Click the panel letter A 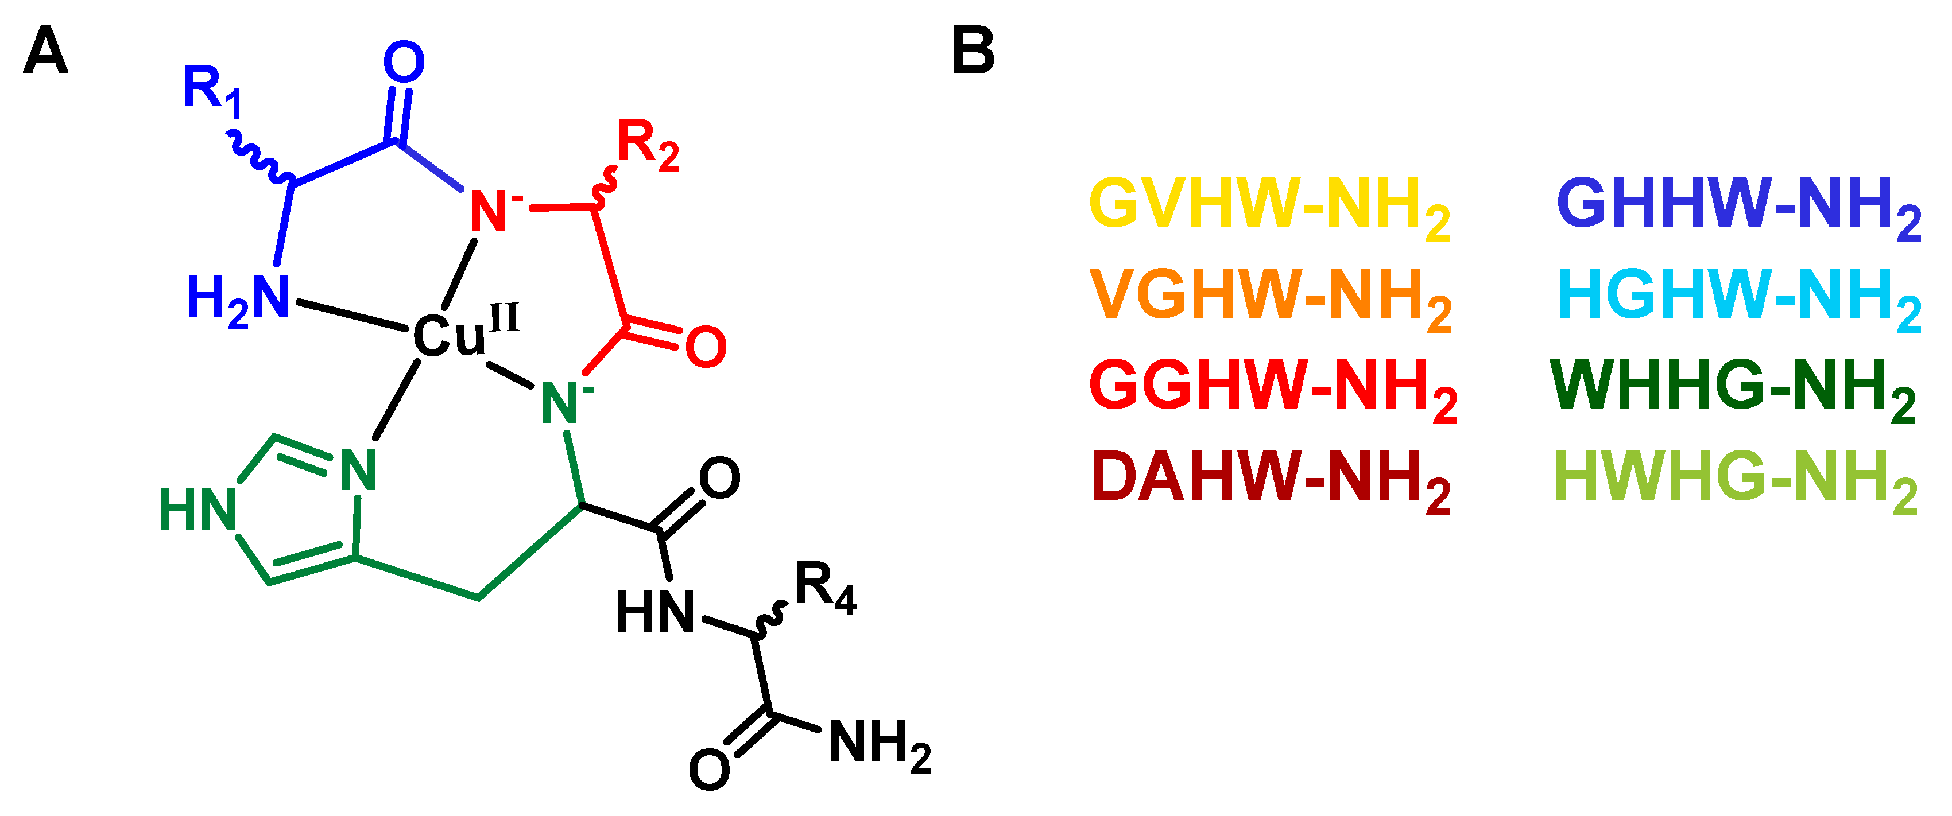pyautogui.click(x=45, y=52)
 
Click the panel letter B pyautogui.click(x=973, y=52)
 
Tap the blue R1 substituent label pyautogui.click(x=213, y=91)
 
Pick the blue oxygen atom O pyautogui.click(x=404, y=62)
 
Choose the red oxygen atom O pyautogui.click(x=706, y=347)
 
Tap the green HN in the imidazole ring pyautogui.click(x=197, y=509)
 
